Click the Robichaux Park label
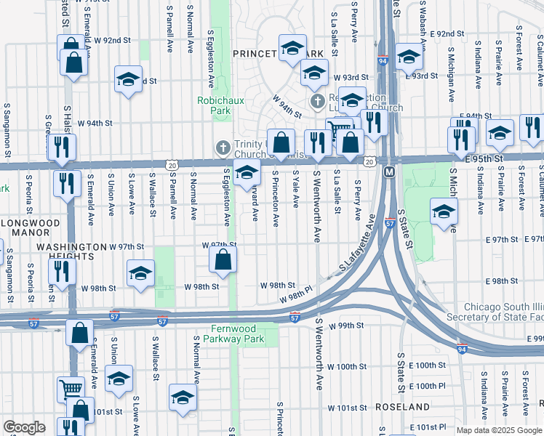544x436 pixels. coord(215,105)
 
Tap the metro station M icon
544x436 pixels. coord(388,172)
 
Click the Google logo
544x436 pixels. coord(24,427)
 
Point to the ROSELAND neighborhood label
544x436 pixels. coord(403,407)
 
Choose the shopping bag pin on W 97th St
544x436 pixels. coord(223,259)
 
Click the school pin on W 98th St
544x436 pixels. coord(140,273)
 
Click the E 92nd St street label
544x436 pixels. coord(446,33)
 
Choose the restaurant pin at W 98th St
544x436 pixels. coord(61,272)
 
